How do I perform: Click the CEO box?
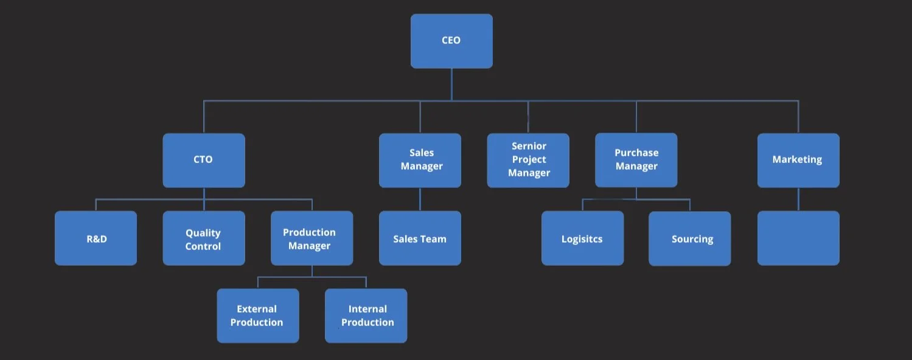[x=451, y=41]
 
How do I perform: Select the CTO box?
[x=204, y=160]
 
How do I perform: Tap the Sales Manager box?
[x=420, y=160]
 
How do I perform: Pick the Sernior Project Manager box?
[x=528, y=160]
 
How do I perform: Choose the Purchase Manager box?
[x=636, y=160]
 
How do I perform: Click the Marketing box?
[x=798, y=160]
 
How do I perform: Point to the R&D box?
[x=96, y=238]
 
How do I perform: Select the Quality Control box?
[x=204, y=238]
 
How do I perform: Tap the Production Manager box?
[x=312, y=238]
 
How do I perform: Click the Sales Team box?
[x=420, y=238]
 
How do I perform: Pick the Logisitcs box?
[x=582, y=238]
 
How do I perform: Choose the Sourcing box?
[x=689, y=238]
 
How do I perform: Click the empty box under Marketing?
[x=798, y=238]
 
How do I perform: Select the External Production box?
[x=258, y=316]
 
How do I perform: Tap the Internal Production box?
[x=366, y=316]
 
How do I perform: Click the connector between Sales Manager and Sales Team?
[x=420, y=199]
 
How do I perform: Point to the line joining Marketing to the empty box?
[x=798, y=199]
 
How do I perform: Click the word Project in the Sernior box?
[x=529, y=159]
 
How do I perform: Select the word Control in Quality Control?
[x=203, y=246]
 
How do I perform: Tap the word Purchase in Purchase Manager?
[x=636, y=153]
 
